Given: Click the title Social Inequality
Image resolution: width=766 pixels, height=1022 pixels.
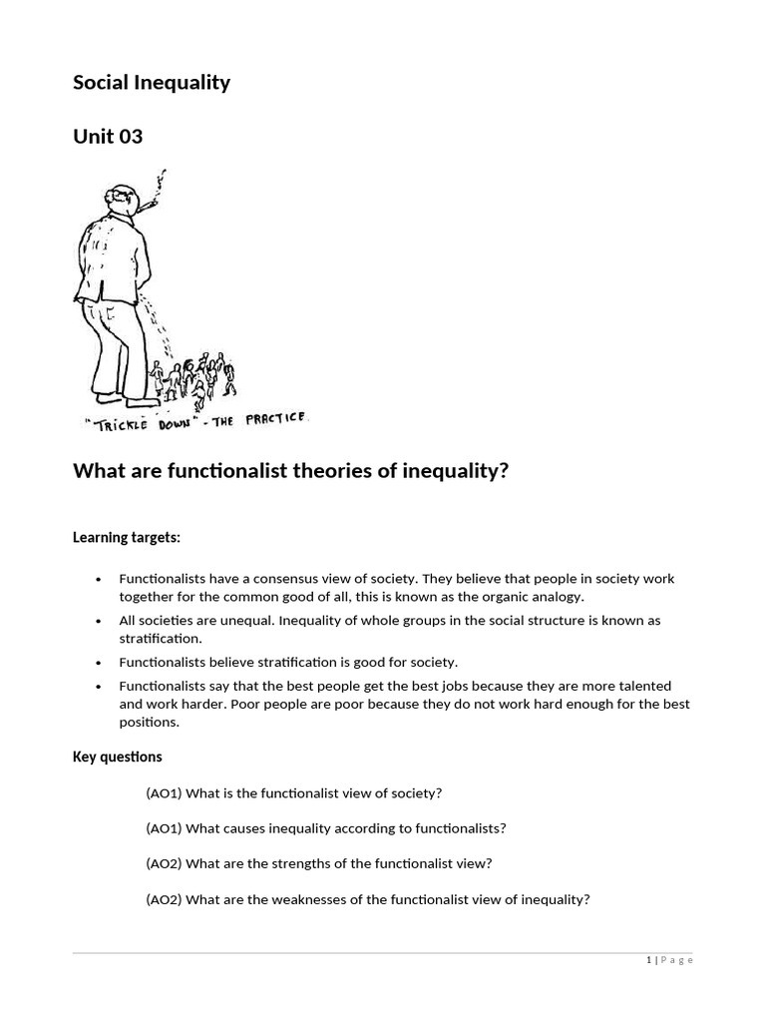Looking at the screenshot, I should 151,83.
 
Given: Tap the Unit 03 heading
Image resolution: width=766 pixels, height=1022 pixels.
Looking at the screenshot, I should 108,137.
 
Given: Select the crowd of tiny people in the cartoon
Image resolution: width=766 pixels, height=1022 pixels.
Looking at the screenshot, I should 194,377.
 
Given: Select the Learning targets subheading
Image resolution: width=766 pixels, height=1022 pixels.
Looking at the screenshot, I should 126,538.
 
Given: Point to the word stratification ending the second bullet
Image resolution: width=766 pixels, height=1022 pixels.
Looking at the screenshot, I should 160,638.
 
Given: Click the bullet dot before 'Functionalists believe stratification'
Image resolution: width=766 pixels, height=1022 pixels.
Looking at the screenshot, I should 98,662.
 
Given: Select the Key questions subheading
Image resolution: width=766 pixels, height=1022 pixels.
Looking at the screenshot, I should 117,757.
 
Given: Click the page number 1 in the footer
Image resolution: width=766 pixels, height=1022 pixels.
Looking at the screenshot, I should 648,960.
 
